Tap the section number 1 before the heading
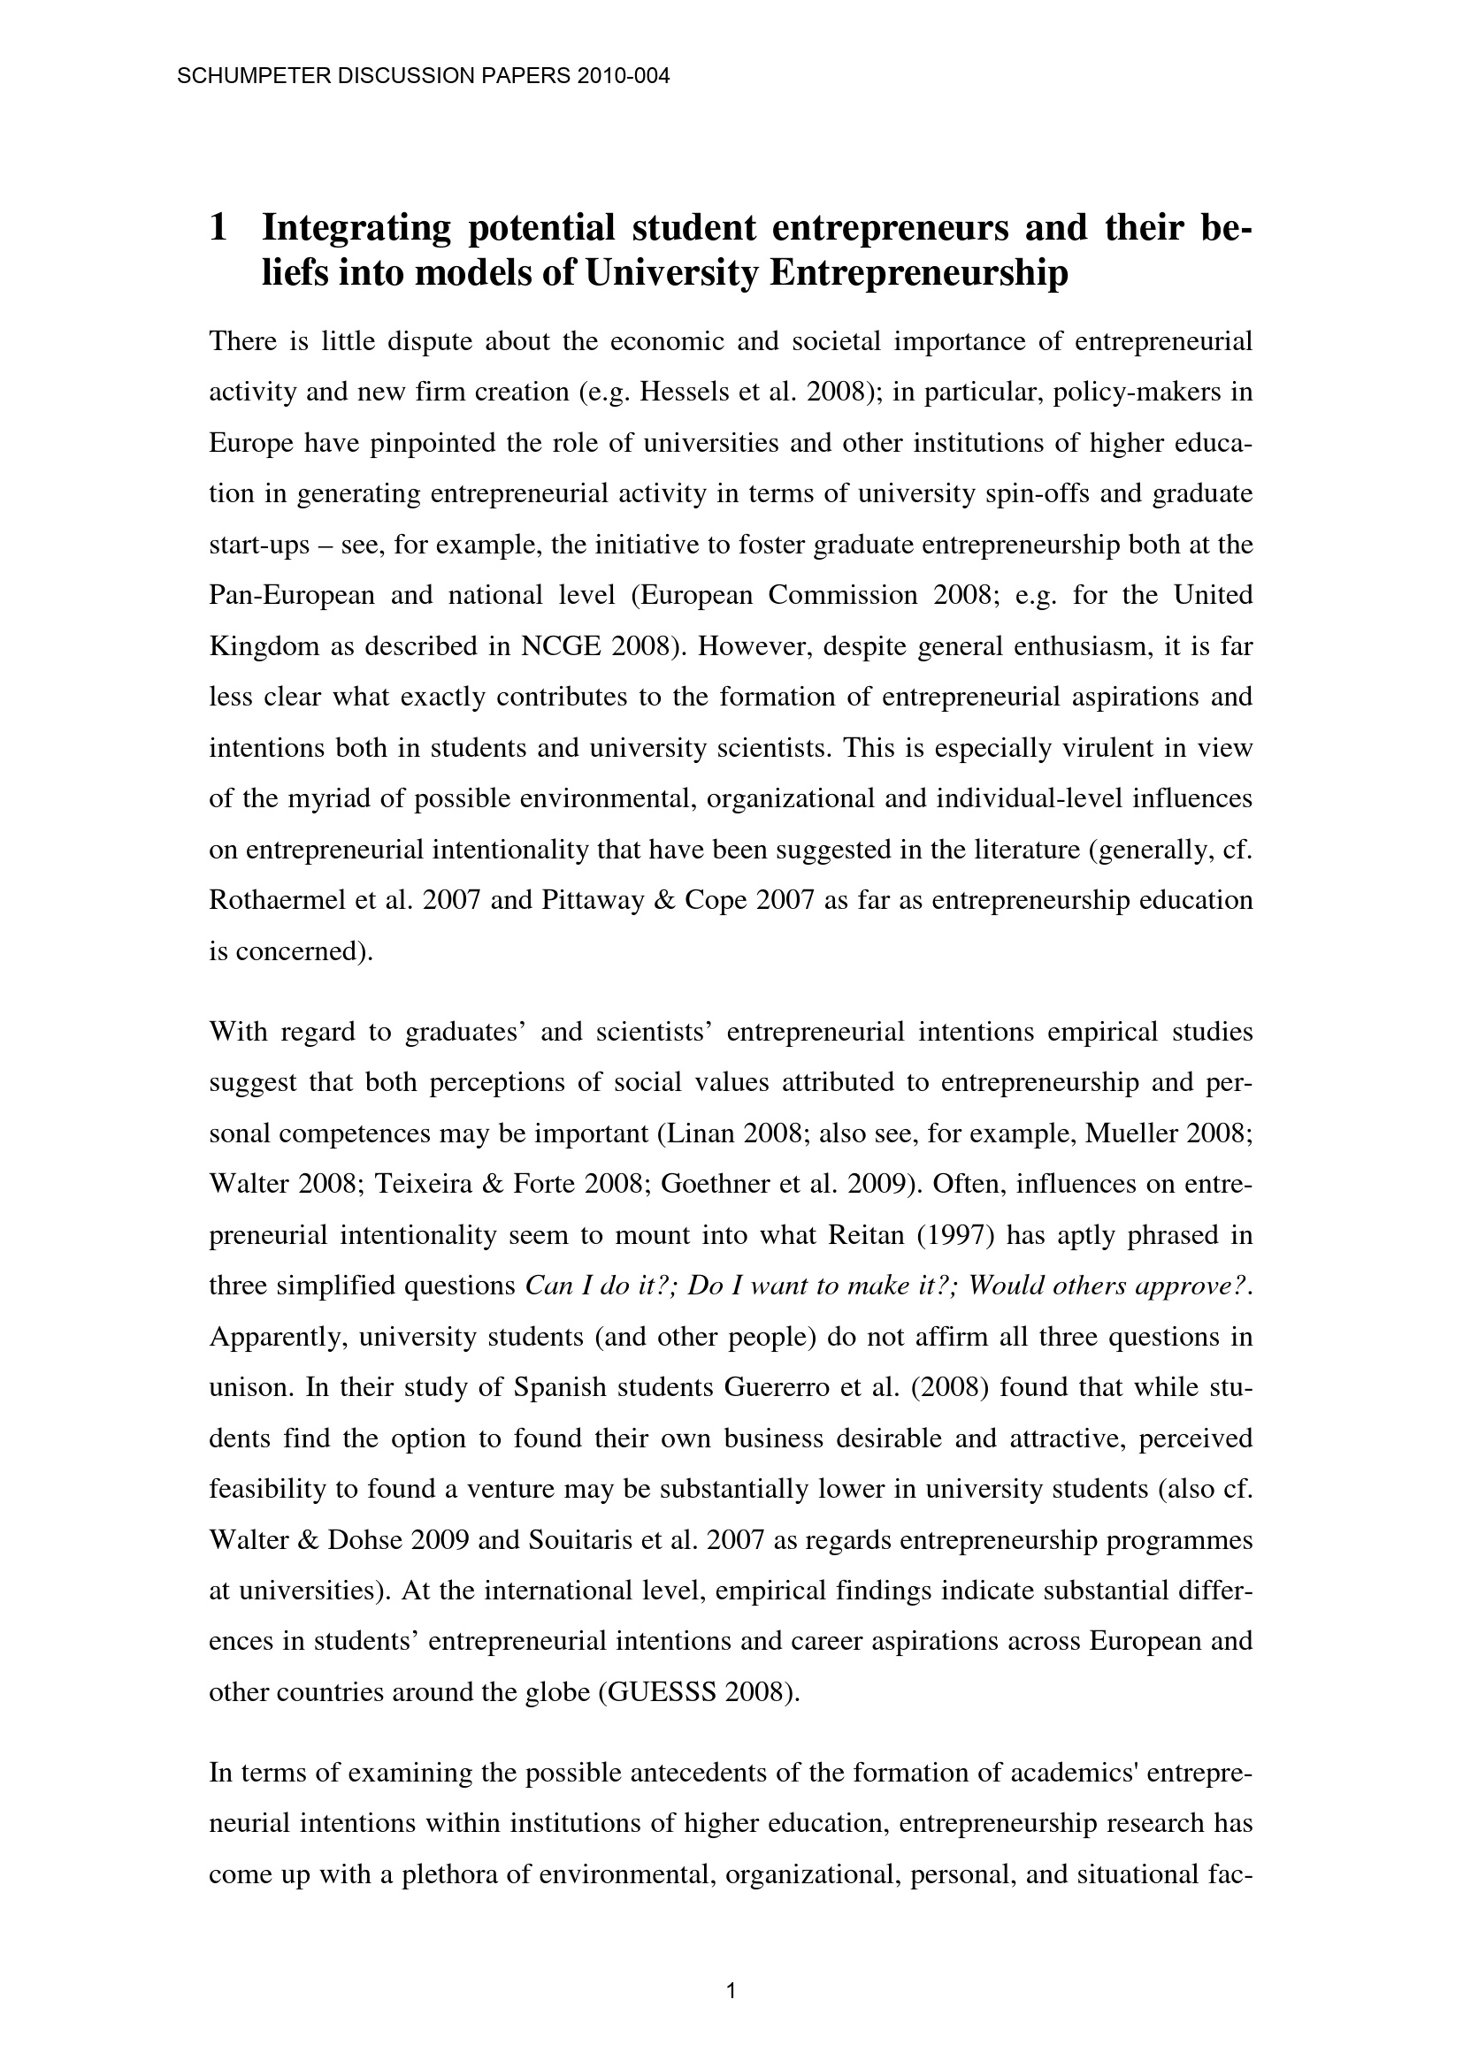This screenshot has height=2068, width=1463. coord(217,229)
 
